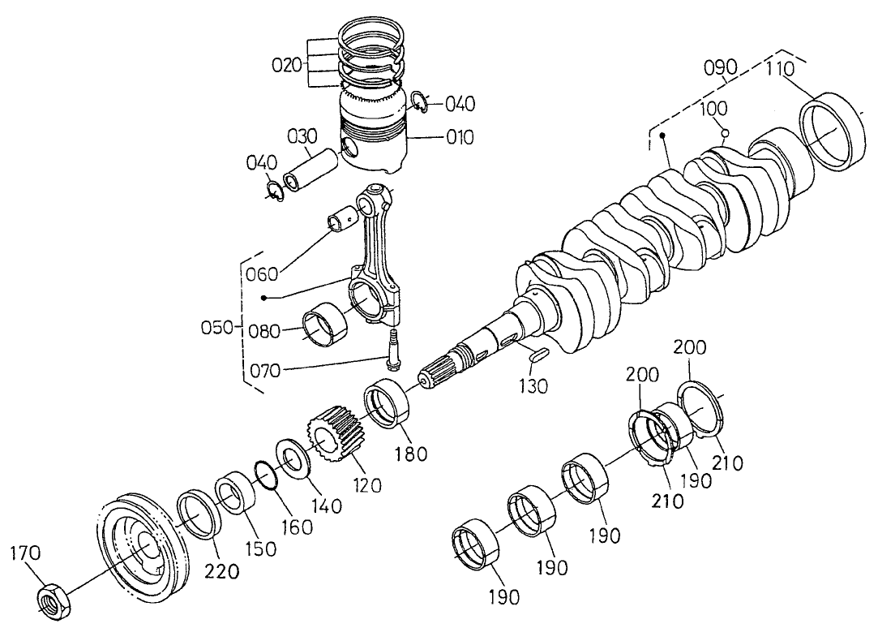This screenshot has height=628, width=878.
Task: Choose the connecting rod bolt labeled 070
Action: point(394,351)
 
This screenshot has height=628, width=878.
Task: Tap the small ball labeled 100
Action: point(726,133)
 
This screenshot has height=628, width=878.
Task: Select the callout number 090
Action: point(720,67)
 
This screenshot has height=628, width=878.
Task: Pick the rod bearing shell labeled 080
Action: point(324,325)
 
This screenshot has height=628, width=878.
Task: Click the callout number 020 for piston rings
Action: point(287,66)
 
